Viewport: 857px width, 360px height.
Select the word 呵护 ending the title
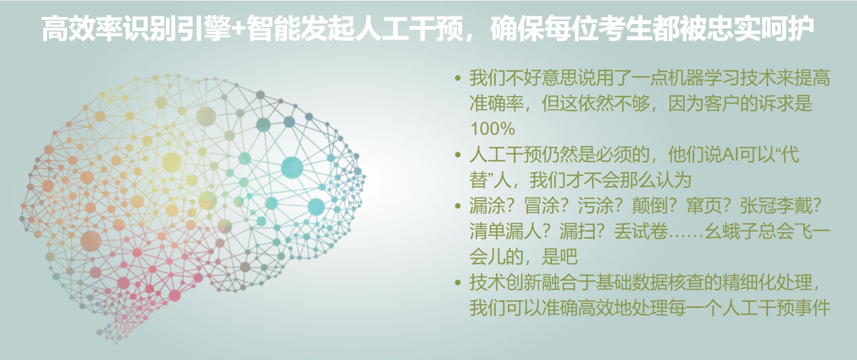(788, 28)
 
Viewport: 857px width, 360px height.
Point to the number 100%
(492, 129)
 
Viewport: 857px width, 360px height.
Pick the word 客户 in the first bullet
(722, 103)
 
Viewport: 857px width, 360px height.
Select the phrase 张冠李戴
(775, 206)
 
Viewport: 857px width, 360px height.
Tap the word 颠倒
(650, 206)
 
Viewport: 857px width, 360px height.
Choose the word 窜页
(704, 206)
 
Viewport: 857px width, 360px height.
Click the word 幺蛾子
(731, 232)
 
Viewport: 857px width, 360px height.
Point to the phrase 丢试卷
(641, 232)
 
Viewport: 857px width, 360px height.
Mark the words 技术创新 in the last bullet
(505, 283)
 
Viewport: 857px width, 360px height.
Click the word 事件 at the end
(812, 308)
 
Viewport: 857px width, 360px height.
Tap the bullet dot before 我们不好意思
(458, 78)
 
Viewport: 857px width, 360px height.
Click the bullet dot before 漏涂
(458, 206)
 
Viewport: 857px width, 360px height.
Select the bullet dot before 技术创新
(458, 283)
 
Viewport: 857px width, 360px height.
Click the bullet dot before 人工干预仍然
(458, 155)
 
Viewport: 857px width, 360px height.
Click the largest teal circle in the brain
(292, 167)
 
